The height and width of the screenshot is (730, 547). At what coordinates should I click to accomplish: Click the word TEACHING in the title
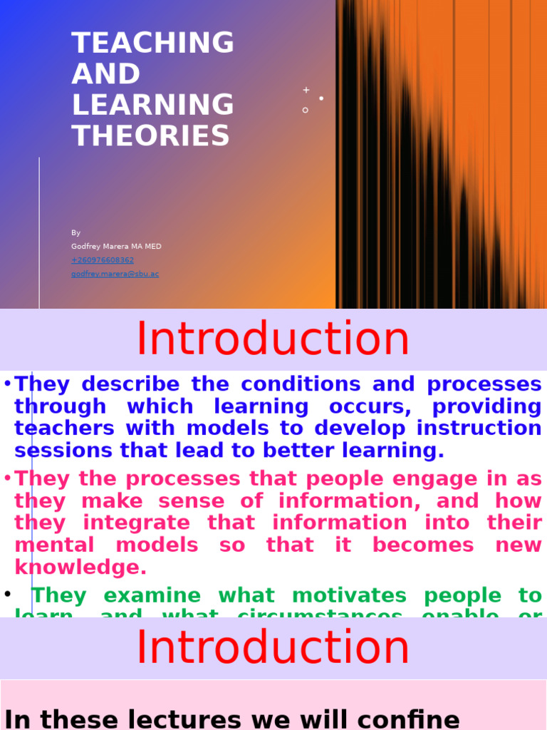[152, 43]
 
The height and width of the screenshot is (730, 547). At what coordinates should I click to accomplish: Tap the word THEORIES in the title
[150, 135]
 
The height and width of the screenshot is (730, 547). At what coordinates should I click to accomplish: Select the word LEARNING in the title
[152, 105]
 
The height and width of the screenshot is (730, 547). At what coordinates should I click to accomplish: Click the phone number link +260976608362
[103, 260]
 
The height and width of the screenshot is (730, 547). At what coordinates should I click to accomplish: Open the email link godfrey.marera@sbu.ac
[115, 274]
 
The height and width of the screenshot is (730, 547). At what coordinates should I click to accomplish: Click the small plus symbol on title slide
[306, 91]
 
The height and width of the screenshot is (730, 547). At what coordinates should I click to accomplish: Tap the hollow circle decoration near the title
[306, 110]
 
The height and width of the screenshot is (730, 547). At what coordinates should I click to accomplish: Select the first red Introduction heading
[273, 339]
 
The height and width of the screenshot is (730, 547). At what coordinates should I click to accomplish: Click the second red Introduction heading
[273, 647]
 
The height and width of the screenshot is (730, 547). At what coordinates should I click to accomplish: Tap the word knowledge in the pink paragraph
[80, 567]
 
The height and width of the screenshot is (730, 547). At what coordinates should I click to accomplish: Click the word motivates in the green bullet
[348, 595]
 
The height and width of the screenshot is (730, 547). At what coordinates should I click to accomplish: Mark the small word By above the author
[75, 233]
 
